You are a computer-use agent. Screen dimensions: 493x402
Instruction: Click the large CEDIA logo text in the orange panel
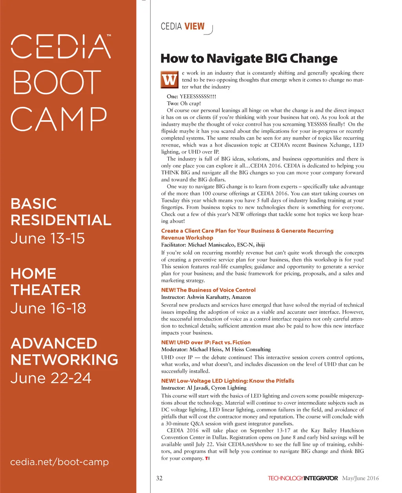(x=60, y=47)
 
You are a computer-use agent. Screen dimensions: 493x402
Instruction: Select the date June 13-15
(x=48, y=238)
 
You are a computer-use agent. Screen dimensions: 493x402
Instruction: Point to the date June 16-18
(x=48, y=308)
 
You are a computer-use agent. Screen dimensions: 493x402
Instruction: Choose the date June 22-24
(x=51, y=378)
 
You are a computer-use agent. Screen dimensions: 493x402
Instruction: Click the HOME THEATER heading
(x=46, y=282)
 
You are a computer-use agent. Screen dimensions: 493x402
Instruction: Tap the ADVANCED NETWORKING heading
(x=64, y=352)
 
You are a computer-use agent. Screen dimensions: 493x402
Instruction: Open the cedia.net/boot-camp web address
(x=59, y=462)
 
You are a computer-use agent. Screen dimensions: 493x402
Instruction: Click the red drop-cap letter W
(x=170, y=80)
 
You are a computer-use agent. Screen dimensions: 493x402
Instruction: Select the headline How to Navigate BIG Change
(x=249, y=59)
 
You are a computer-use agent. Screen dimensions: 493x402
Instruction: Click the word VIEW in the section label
(x=194, y=26)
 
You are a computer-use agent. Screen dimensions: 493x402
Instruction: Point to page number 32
(x=159, y=478)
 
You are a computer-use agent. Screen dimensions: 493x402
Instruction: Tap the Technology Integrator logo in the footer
(x=303, y=478)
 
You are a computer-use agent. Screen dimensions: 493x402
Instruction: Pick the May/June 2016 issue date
(x=360, y=478)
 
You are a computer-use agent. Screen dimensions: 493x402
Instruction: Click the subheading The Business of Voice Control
(x=216, y=290)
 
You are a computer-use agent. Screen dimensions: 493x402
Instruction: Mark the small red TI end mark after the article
(x=207, y=458)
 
